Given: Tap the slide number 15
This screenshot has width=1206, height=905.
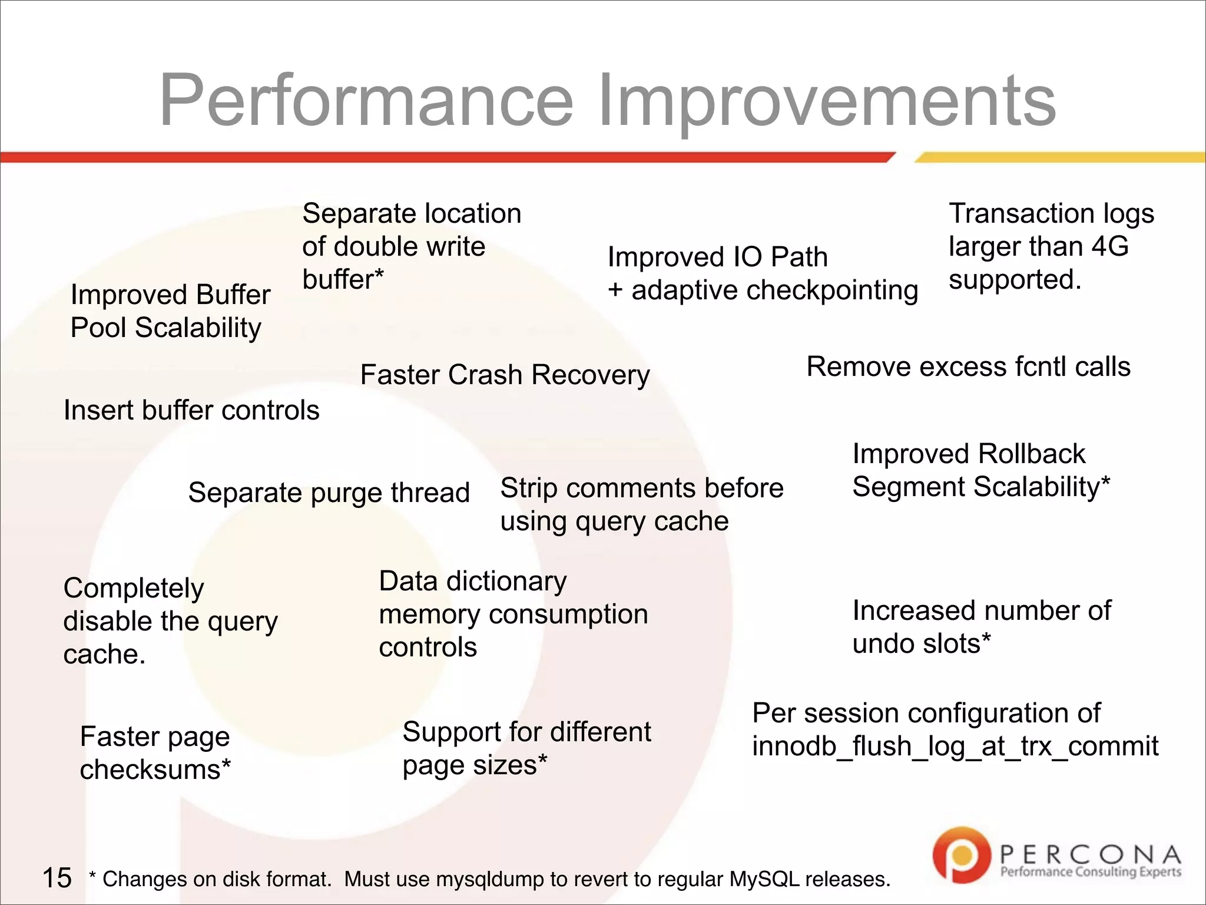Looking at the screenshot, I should pos(57,878).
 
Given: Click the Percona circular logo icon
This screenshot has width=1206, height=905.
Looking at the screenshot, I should pos(960,855).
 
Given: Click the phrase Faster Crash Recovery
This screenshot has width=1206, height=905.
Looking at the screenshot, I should pos(505,375).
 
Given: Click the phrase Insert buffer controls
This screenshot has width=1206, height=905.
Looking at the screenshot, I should pos(191,411).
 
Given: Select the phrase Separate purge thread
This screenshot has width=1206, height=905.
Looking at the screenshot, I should pos(329,493).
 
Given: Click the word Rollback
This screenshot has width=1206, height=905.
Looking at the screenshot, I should pos(1031,454).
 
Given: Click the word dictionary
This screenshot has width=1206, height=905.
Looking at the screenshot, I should pos(506,582).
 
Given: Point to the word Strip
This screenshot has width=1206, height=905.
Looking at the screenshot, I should pos(528,489).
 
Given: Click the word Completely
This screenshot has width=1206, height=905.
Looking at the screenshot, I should pos(134,589).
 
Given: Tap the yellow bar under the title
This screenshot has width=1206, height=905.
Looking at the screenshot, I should pos(1060,157).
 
